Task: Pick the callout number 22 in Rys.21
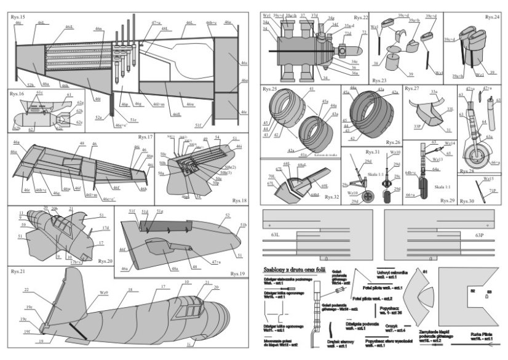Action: (x=26, y=289)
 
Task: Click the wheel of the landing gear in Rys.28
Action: (x=476, y=153)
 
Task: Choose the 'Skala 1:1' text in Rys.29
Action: (x=442, y=185)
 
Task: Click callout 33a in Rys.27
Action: (x=434, y=92)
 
